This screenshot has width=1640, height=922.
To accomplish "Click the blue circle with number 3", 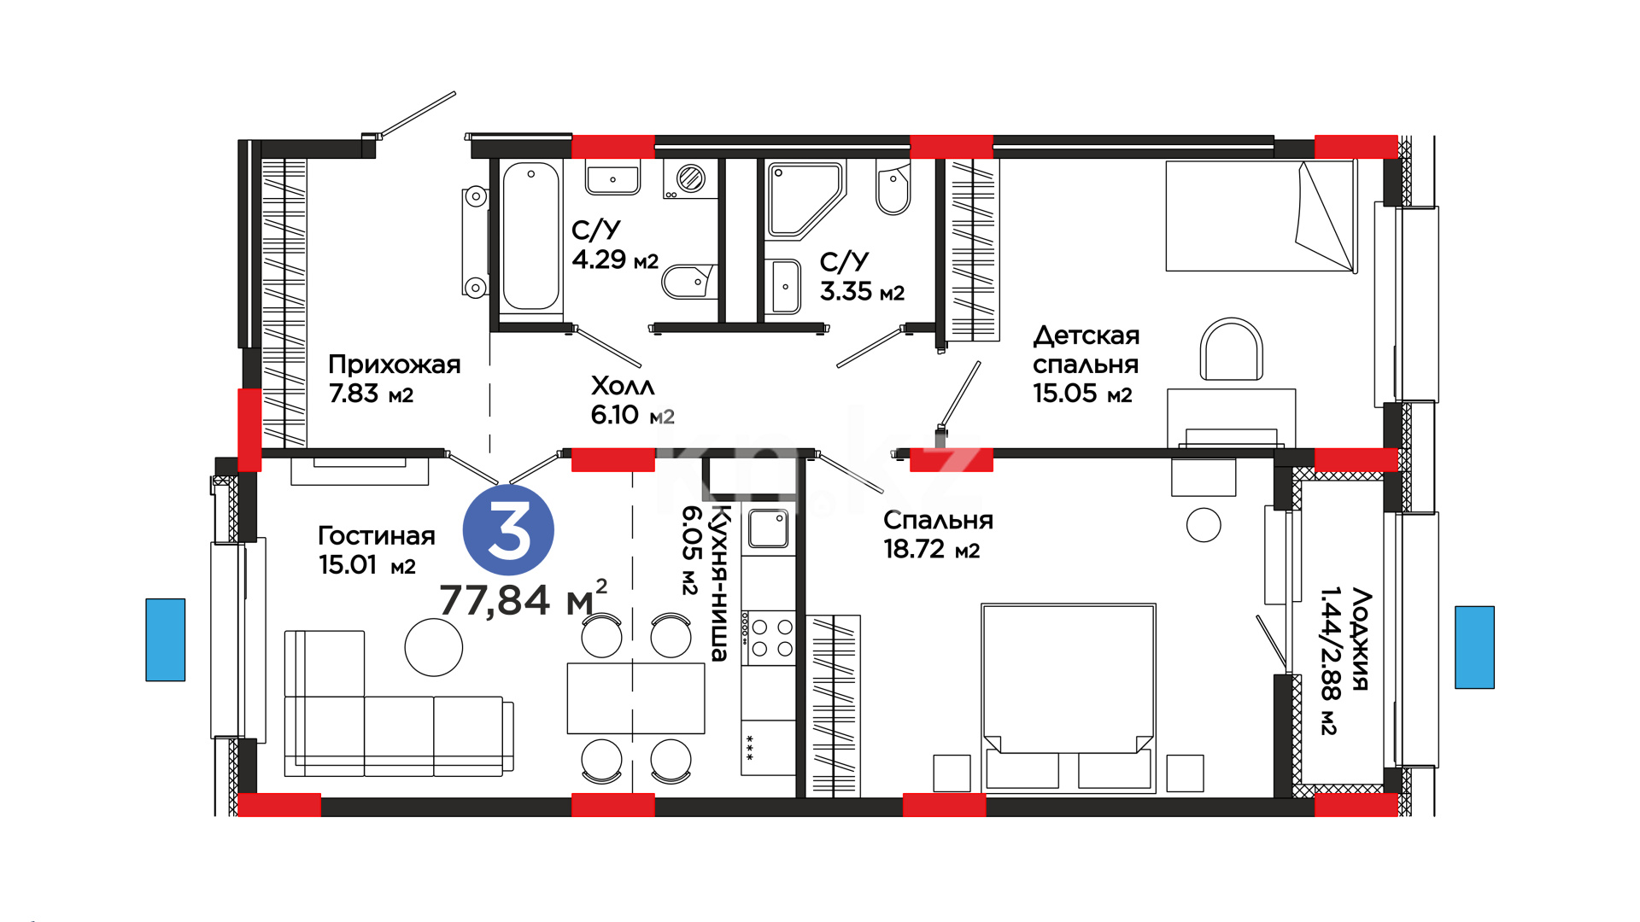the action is [x=508, y=530].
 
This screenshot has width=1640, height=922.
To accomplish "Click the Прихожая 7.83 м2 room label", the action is [x=394, y=379].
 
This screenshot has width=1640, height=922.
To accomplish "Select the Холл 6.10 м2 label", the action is [x=632, y=400].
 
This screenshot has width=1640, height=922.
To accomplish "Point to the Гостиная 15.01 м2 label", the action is [x=376, y=550].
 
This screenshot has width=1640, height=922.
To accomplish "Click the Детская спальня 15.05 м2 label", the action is [x=1086, y=365].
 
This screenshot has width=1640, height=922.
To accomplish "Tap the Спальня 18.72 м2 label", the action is [x=938, y=534].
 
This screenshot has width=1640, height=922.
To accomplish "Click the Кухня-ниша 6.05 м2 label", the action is [x=706, y=583].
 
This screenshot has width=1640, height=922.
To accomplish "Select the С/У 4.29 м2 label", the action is [x=615, y=244].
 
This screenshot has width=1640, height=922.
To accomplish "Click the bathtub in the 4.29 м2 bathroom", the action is [x=531, y=236].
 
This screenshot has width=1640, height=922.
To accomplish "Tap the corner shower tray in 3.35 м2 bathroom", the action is [x=805, y=200].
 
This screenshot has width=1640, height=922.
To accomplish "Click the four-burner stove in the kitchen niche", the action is [x=769, y=637].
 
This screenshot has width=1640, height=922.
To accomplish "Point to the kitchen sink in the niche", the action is [x=768, y=528].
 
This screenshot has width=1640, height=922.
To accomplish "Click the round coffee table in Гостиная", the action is [x=434, y=647].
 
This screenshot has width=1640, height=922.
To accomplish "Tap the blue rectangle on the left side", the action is [x=166, y=639].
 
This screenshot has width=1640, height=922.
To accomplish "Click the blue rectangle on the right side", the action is [x=1475, y=647].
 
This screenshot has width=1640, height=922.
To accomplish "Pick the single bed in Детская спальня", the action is [x=1262, y=216].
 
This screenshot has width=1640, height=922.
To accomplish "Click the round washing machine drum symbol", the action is [x=690, y=178].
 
